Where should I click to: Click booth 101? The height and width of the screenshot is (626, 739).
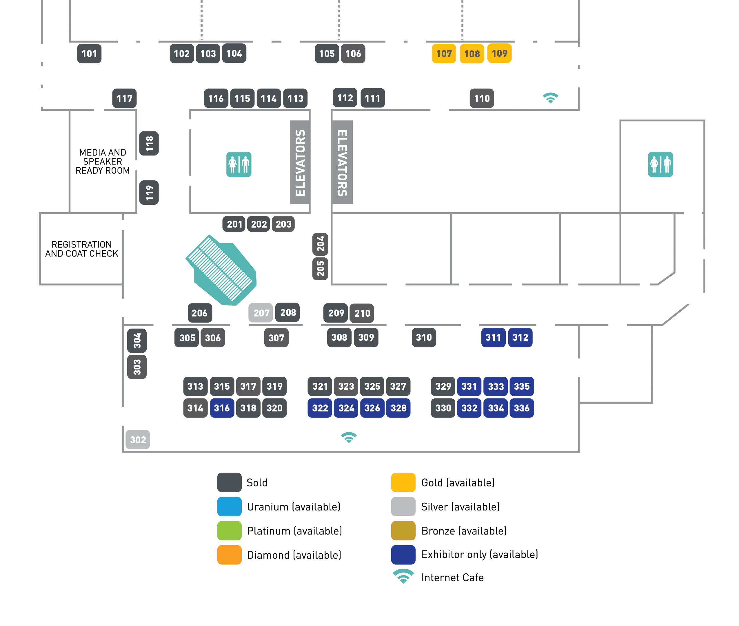click(89, 54)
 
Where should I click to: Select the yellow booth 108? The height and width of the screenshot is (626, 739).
click(472, 54)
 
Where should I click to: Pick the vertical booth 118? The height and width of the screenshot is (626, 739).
click(149, 143)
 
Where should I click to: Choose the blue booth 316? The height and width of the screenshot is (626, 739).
click(222, 408)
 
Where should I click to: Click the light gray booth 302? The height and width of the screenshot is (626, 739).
click(138, 440)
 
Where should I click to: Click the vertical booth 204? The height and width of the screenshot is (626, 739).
click(320, 244)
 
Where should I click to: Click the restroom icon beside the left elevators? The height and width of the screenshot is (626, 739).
click(239, 164)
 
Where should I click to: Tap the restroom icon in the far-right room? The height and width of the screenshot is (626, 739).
click(660, 164)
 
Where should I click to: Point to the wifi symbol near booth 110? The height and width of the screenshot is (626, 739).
click(550, 97)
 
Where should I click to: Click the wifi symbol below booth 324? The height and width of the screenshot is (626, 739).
click(349, 437)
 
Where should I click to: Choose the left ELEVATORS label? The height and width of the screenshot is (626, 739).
click(300, 163)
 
